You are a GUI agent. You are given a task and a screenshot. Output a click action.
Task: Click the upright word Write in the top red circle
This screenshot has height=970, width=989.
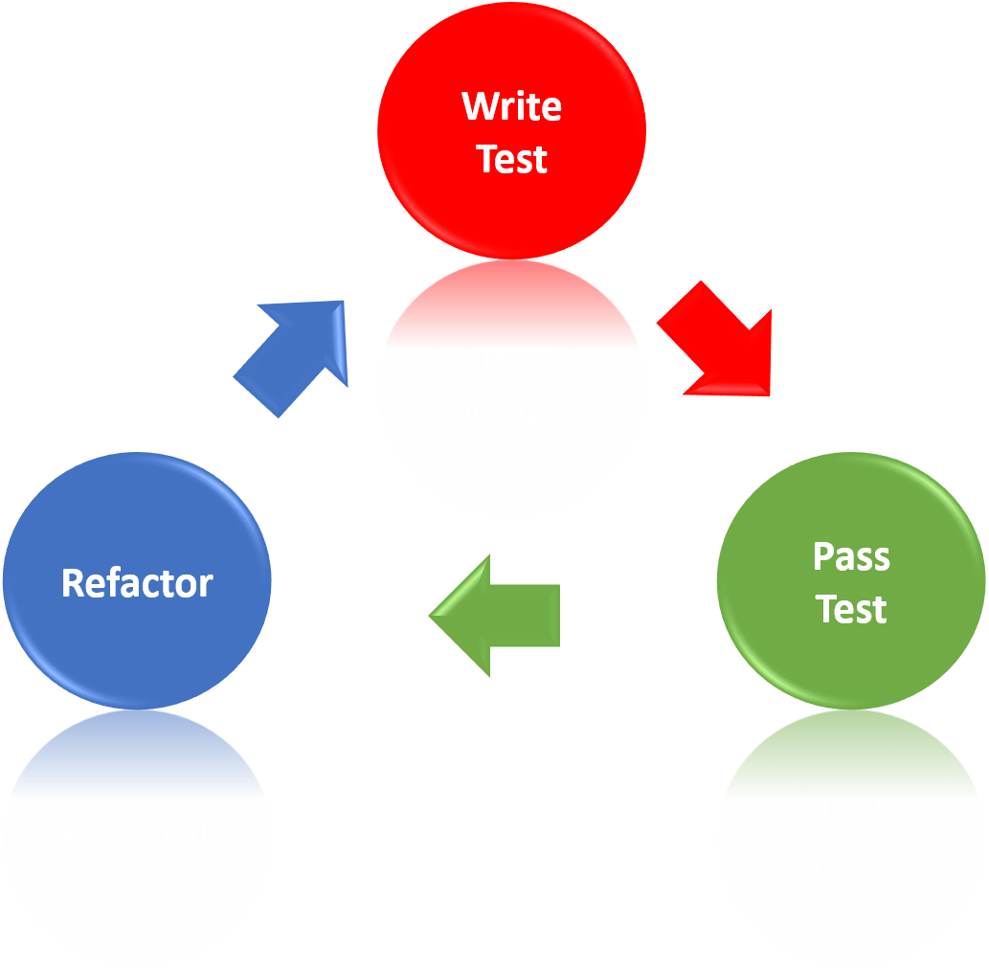[x=511, y=106]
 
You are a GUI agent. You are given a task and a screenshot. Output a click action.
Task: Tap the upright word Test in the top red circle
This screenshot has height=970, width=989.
[x=511, y=159]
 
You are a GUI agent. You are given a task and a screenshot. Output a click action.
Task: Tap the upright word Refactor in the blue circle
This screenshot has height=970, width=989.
[x=137, y=583]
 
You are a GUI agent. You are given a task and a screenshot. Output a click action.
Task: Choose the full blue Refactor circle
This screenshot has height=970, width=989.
[x=137, y=651]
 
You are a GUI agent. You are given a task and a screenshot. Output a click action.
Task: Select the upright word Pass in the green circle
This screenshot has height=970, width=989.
[x=851, y=556]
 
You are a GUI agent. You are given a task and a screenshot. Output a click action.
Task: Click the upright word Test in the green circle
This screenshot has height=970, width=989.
[x=851, y=609]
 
